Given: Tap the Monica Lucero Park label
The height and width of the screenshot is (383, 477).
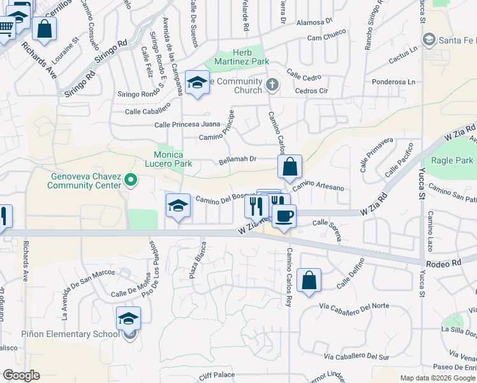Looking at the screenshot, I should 169,160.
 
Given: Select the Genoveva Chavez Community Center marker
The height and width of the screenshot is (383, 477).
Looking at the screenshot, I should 131,181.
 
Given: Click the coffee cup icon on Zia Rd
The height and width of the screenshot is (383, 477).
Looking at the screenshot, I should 284,215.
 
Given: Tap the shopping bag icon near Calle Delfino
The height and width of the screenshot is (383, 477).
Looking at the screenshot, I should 309,280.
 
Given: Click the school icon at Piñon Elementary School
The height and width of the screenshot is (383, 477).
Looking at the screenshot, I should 128,318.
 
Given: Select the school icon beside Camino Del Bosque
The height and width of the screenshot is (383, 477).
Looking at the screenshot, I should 179,206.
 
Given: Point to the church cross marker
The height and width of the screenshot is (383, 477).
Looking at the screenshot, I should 272,85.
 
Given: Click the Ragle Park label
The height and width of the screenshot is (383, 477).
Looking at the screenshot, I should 452,160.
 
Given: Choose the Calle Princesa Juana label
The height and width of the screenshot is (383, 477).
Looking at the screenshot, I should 187,124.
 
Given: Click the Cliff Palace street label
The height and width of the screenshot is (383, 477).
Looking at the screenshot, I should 217,375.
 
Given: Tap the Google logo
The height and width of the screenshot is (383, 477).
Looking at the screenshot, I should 21,375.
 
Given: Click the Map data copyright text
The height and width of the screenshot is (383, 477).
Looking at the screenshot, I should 437,378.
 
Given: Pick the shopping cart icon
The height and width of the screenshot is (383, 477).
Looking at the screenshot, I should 5,27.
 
